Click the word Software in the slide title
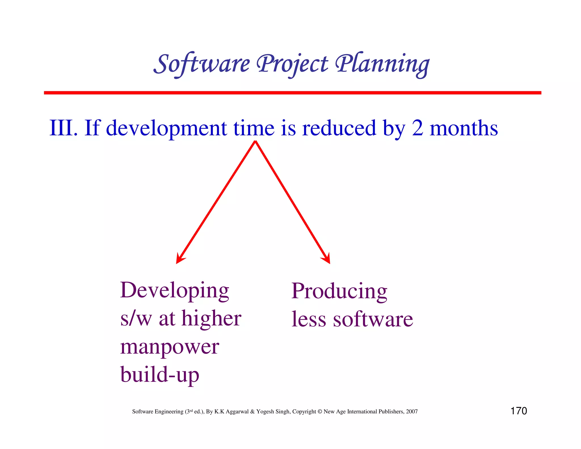click(x=202, y=64)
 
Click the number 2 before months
click(x=417, y=128)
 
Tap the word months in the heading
click(x=464, y=128)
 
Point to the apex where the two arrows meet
click(x=255, y=142)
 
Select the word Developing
click(x=174, y=291)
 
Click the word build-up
click(x=160, y=375)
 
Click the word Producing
click(x=339, y=291)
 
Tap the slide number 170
click(x=519, y=411)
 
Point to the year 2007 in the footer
click(x=412, y=412)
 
